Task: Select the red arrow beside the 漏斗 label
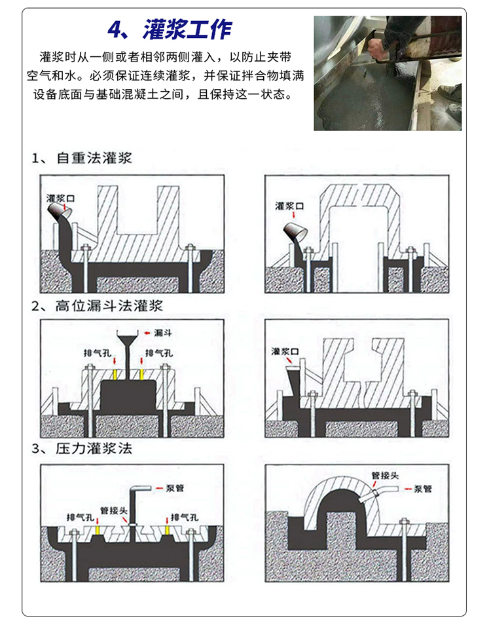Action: coord(146,333)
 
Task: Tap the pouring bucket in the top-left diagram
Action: coord(62,211)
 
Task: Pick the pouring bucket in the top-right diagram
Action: coord(293,231)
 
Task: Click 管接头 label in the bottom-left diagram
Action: coord(113,510)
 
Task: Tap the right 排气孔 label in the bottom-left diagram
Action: coord(184,516)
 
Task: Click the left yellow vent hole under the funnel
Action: coord(116,374)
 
